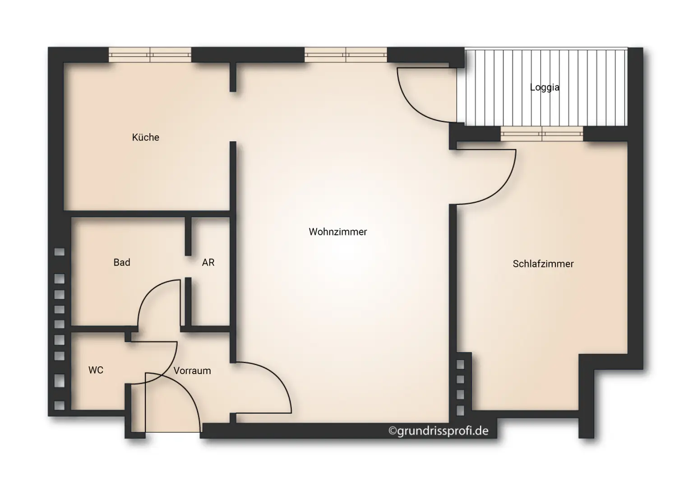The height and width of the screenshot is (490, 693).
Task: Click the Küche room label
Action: pos(145,137)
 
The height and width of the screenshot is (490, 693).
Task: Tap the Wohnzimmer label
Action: pos(337,232)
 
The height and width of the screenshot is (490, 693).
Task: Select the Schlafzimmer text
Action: pos(543,264)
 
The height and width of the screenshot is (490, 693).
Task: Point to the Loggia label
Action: pos(545,88)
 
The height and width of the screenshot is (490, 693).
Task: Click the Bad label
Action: pos(122,263)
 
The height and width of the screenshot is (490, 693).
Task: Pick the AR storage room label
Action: pos(208,263)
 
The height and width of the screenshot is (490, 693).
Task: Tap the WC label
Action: pos(96,370)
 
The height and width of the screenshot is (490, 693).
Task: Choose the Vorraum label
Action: pos(192,371)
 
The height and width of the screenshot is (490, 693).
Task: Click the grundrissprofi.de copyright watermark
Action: pos(439,431)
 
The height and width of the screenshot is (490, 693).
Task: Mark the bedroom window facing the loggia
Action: pos(541,133)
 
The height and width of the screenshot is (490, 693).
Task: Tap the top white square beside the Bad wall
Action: pos(60,252)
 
